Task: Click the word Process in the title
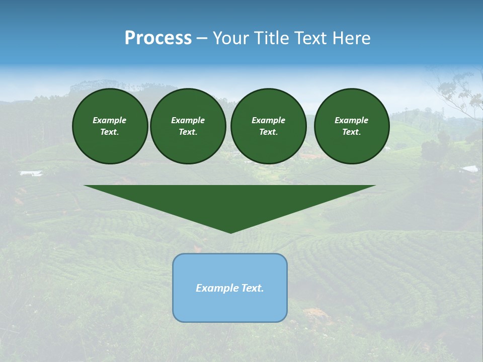pos(158,38)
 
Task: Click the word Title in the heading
pos(273,38)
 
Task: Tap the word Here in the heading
pos(352,38)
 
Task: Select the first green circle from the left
pos(110,126)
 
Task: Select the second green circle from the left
pos(188,126)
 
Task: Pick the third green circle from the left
pos(268,126)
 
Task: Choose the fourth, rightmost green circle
pos(351,126)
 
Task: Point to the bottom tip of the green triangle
pos(230,232)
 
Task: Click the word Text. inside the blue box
pos(252,288)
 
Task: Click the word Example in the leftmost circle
pos(110,120)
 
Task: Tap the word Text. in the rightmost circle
pos(351,132)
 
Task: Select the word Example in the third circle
pos(268,120)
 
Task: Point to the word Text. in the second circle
pos(188,132)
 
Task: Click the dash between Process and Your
pos(202,38)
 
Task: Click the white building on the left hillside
pos(31,173)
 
